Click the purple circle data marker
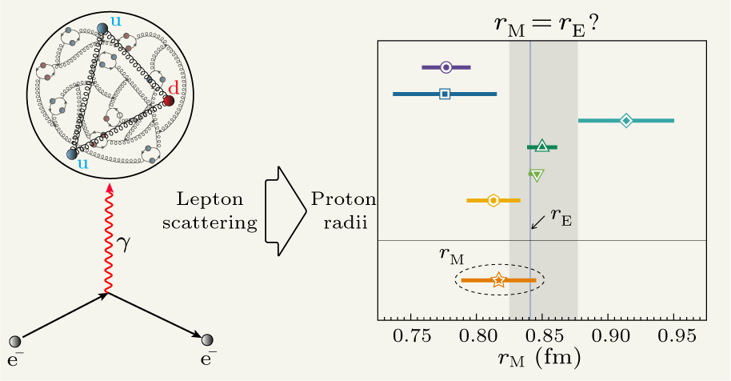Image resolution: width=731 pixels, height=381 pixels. [446, 67]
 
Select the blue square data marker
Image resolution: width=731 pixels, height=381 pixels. [445, 94]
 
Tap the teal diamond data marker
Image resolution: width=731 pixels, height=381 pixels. [626, 120]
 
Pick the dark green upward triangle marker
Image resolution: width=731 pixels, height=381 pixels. [541, 146]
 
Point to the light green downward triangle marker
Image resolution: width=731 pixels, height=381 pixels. [537, 174]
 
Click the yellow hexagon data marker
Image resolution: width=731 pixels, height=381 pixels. [493, 200]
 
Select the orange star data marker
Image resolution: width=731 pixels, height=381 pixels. [498, 280]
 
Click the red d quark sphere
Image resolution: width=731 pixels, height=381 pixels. [169, 101]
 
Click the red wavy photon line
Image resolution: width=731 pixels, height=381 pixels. [108, 240]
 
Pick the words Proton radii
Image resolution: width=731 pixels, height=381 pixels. [340, 211]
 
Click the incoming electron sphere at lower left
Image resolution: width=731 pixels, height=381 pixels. [15, 342]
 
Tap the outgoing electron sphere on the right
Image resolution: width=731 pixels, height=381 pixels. [209, 342]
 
